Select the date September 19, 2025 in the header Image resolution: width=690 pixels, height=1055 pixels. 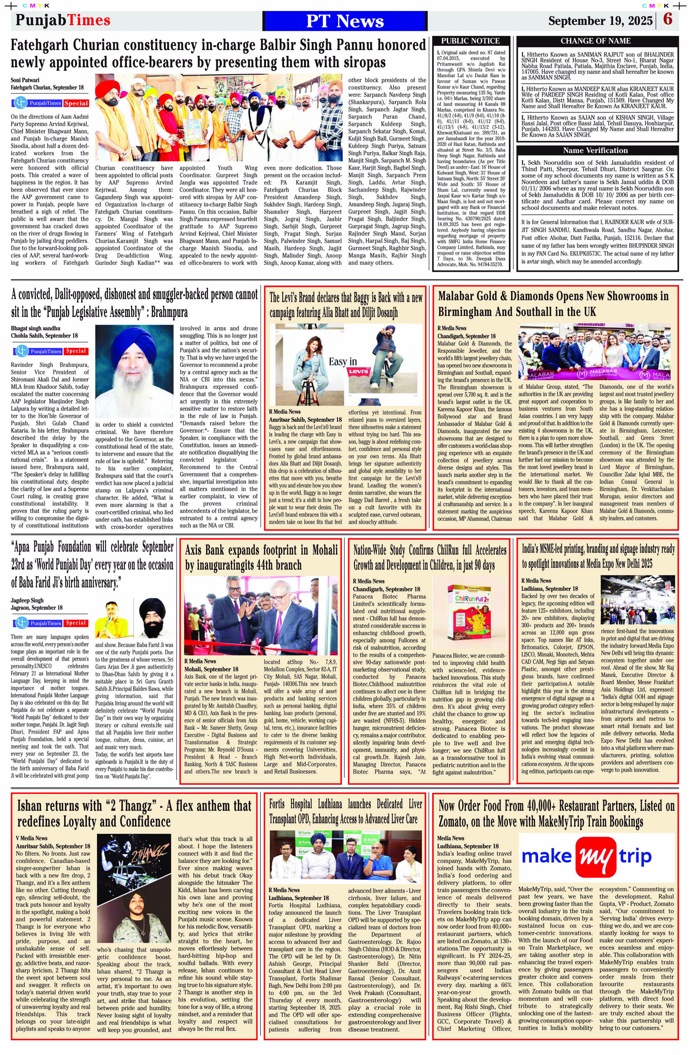[600, 21]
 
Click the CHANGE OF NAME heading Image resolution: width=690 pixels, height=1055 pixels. [595, 41]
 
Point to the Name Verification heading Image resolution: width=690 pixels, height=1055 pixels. [595, 150]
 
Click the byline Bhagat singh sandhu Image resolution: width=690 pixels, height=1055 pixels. [36, 328]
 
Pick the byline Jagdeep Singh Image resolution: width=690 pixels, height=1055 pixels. [27, 600]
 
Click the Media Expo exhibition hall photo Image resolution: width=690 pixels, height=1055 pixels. [637, 599]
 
